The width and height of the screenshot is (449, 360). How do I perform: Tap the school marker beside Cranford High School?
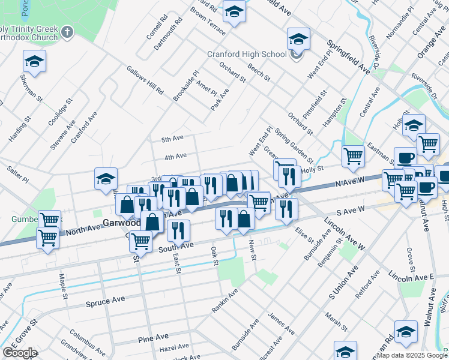tap(298, 40)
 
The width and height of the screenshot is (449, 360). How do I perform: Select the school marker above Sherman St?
tap(35, 61)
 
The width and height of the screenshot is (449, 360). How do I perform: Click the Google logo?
tap(20, 353)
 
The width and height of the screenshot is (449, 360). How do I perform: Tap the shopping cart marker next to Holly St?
tap(354, 157)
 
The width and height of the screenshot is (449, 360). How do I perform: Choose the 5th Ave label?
tap(173, 139)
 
